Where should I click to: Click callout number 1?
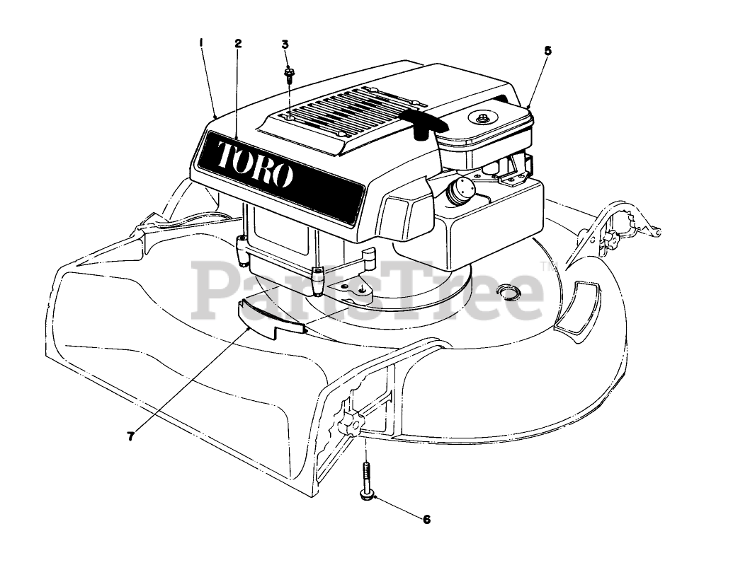point(202,42)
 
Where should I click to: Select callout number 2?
point(239,42)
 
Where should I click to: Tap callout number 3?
point(285,44)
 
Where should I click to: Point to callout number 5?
point(547,51)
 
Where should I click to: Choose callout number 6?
point(426,520)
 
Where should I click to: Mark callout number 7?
point(130,436)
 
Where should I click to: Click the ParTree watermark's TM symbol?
point(547,267)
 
